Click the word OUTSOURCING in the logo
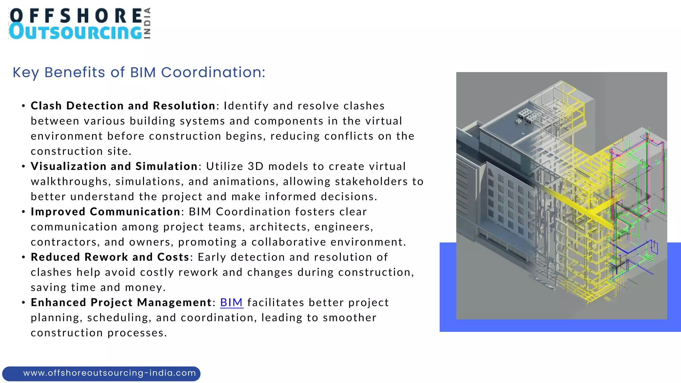pos(76,32)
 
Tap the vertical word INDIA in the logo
pos(147,23)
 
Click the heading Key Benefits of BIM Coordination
pos(139,72)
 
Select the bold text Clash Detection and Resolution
pos(123,106)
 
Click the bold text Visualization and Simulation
pos(114,166)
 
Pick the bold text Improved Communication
pos(105,212)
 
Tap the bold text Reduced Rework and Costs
pos(110,257)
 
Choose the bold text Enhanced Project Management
pos(121,303)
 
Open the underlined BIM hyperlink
pos(231,303)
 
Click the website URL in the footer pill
pos(109,373)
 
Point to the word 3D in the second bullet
pos(256,166)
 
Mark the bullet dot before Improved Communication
pos(23,212)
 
